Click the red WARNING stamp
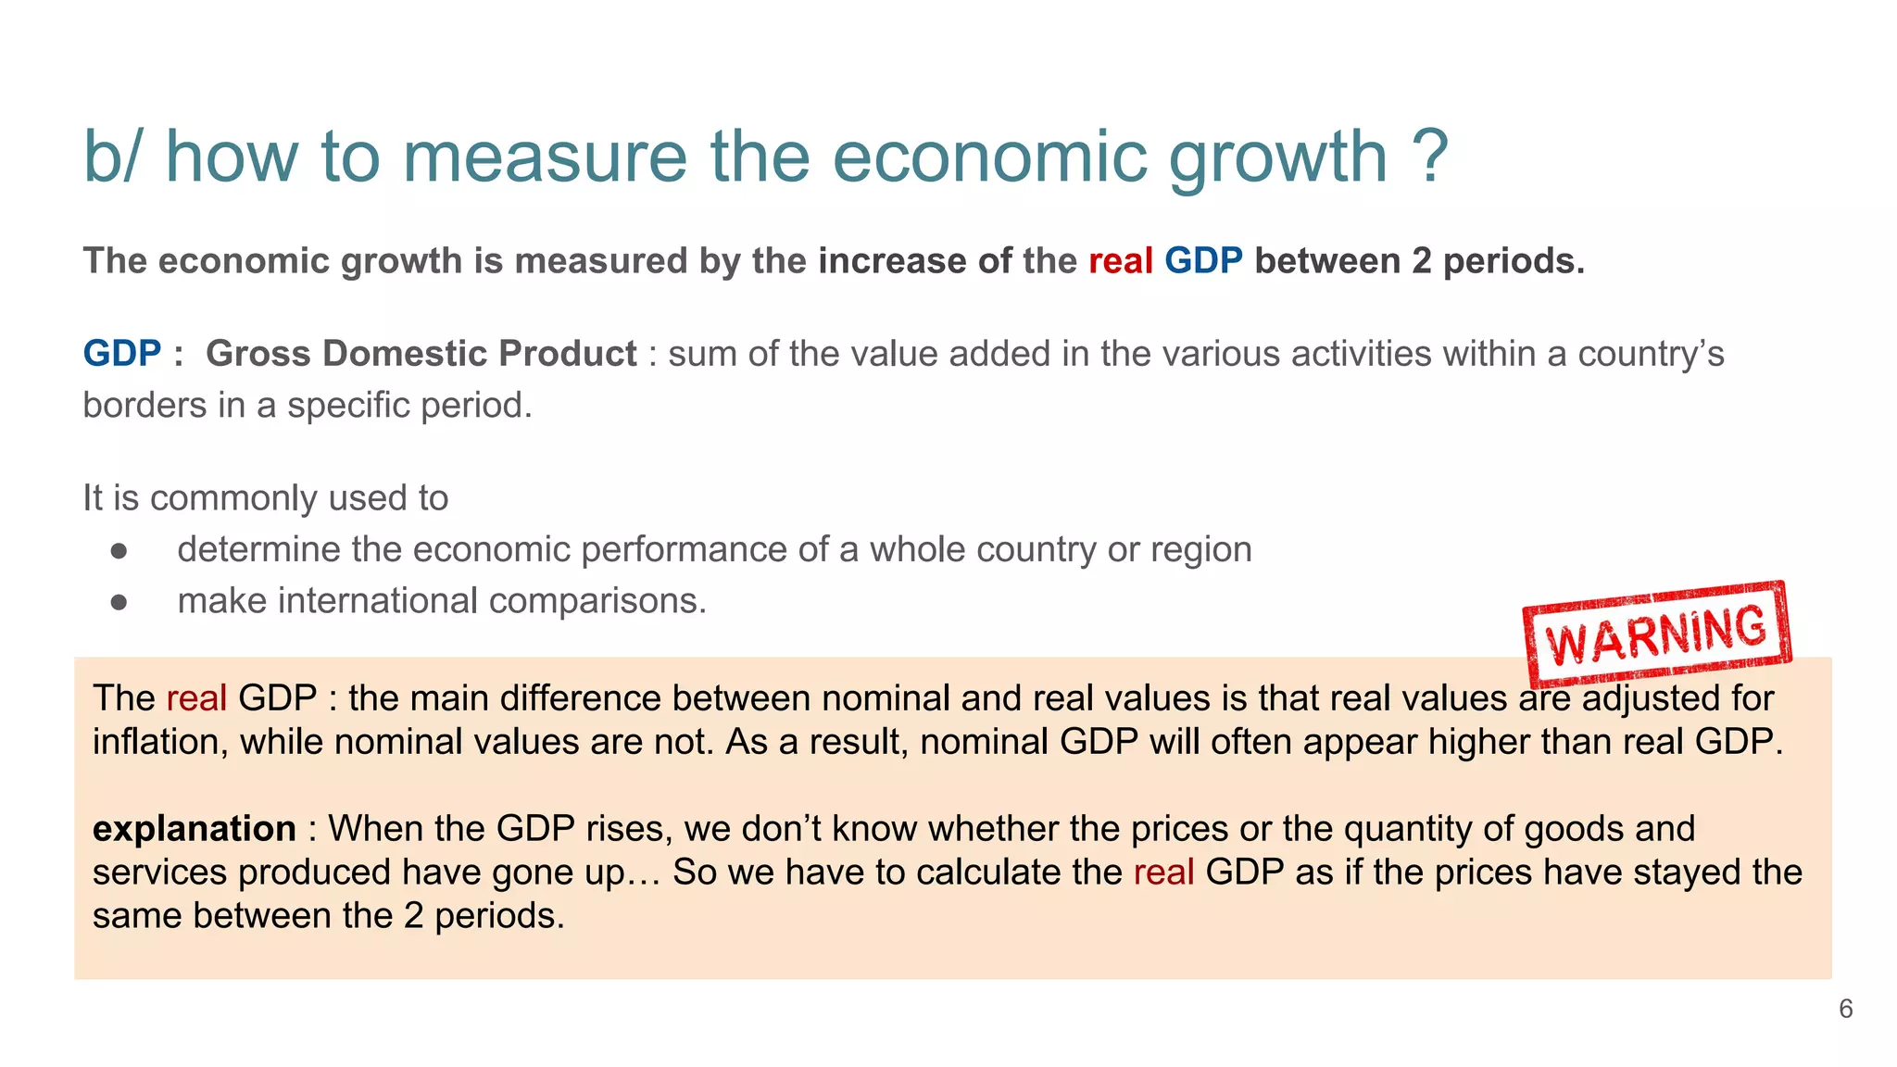pos(1657,633)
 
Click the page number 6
pos(1845,1009)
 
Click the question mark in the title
pos(1430,157)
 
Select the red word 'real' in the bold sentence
pos(1120,261)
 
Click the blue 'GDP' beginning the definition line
pos(122,354)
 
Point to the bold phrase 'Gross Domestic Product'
pos(421,354)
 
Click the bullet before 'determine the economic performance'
pos(119,551)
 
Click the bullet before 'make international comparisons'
pos(119,602)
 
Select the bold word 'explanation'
pos(195,828)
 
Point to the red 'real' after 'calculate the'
pos(1163,872)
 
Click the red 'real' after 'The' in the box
pos(196,698)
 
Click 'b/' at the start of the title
pos(112,157)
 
